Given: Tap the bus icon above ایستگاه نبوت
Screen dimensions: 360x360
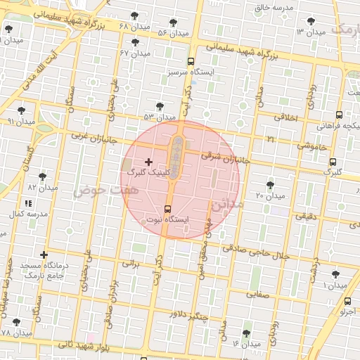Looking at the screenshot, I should (167, 208).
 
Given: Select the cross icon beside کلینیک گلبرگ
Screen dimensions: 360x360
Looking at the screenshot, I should (148, 162).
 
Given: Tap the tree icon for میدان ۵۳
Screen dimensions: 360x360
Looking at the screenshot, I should (160, 106).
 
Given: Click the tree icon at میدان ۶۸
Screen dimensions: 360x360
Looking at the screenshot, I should (134, 15).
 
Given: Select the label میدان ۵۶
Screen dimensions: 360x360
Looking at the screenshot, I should (172, 33).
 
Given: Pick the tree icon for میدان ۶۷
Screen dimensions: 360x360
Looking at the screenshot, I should (135, 41).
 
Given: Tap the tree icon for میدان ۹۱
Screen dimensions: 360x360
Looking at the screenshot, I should (22, 110).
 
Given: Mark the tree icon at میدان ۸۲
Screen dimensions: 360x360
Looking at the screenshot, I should (42, 176).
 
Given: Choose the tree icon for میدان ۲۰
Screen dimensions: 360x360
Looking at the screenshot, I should (270, 184).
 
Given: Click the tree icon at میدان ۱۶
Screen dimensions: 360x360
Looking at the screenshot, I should (246, 333).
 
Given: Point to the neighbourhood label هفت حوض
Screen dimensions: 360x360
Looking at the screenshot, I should (98, 190).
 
